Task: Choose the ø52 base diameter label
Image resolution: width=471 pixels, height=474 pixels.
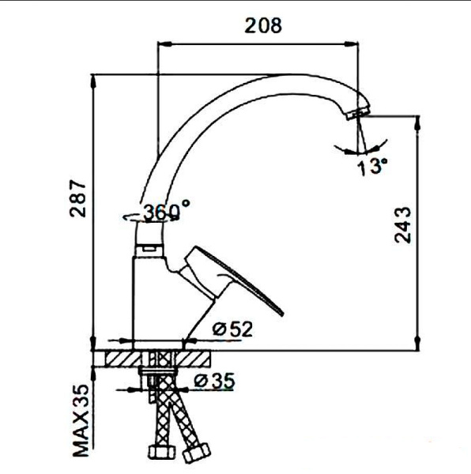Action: point(233,329)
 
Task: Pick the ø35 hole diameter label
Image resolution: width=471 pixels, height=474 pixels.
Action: point(215,381)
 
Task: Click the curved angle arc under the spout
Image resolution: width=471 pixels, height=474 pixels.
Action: point(360,148)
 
